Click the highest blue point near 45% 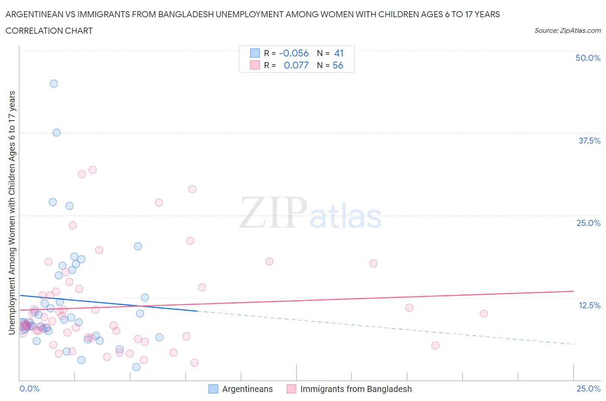pyautogui.click(x=54, y=84)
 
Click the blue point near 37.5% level pyautogui.click(x=56, y=132)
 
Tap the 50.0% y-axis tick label pyautogui.click(x=588, y=58)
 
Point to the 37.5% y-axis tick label pyautogui.click(x=589, y=141)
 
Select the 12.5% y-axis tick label pyautogui.click(x=589, y=305)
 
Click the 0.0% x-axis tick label pyautogui.click(x=29, y=388)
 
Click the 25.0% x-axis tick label pyautogui.click(x=588, y=388)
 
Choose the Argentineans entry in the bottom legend pyautogui.click(x=247, y=389)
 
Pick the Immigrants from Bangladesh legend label pyautogui.click(x=356, y=389)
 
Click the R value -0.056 pyautogui.click(x=294, y=53)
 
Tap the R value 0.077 pyautogui.click(x=296, y=65)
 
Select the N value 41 pyautogui.click(x=339, y=53)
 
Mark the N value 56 pyautogui.click(x=338, y=65)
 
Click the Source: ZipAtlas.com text pyautogui.click(x=567, y=30)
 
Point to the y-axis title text pyautogui.click(x=12, y=213)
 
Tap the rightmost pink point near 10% pyautogui.click(x=484, y=313)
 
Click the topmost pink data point pyautogui.click(x=93, y=170)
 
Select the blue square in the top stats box pyautogui.click(x=255, y=53)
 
